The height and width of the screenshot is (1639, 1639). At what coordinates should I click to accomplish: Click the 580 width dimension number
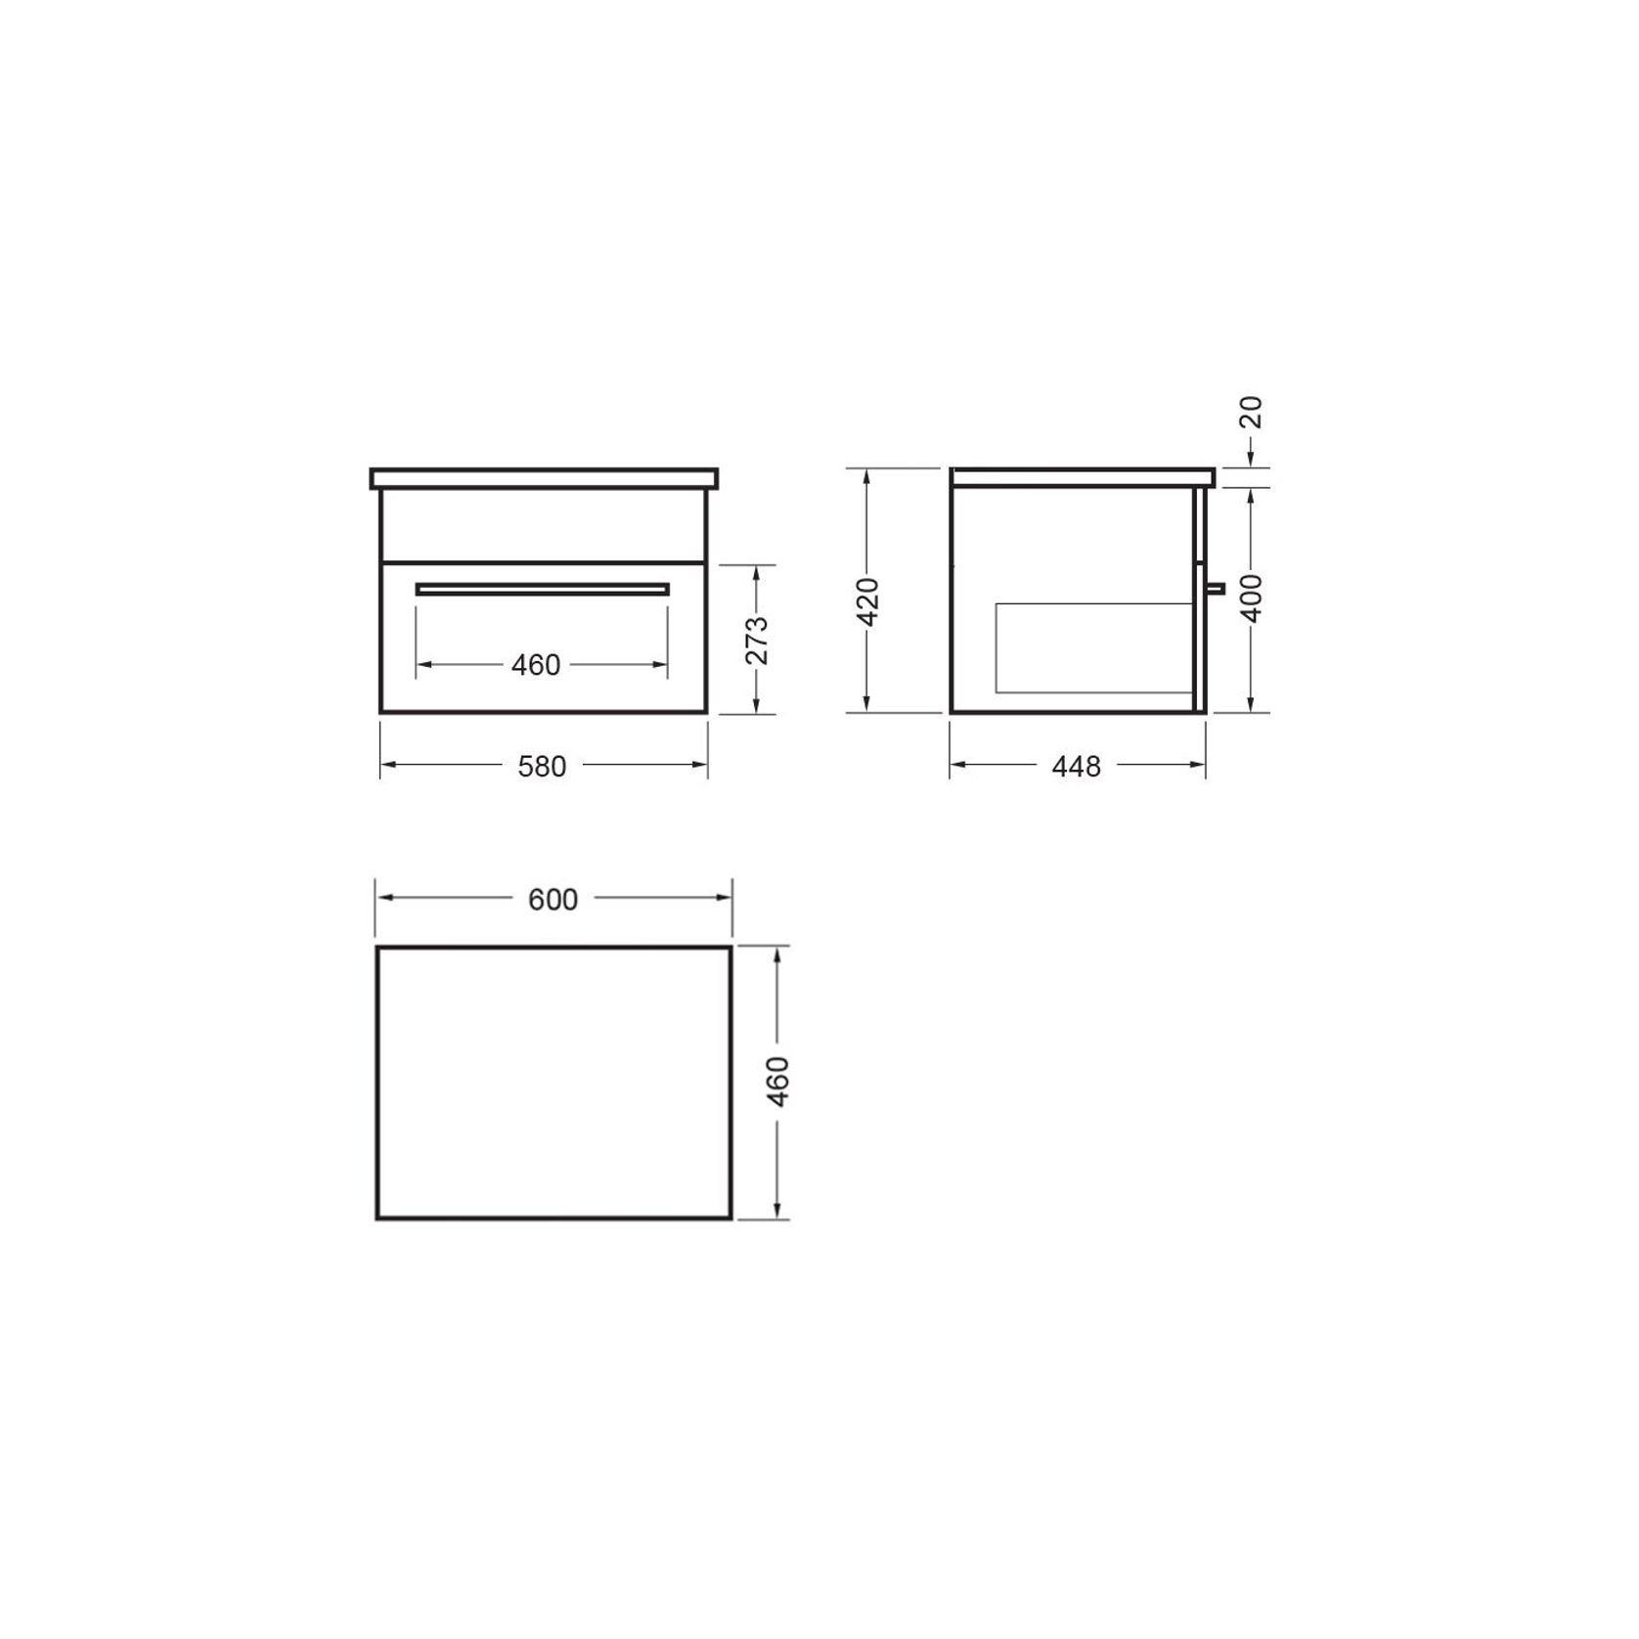pos(542,766)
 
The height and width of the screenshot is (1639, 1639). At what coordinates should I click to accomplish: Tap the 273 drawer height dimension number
pos(757,641)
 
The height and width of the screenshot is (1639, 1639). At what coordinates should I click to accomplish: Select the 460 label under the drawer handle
pos(536,665)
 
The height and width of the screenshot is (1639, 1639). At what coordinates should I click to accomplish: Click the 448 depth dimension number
pos(1077,766)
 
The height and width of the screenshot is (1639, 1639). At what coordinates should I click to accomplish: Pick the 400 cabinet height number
pos(1252,598)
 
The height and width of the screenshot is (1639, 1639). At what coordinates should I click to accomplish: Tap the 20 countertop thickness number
pos(1252,413)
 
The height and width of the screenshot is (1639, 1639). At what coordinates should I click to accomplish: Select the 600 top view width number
pos(554,899)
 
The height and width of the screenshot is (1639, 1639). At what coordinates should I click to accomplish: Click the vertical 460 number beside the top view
pos(778,1082)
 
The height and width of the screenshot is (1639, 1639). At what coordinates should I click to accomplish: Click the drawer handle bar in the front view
pos(543,590)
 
